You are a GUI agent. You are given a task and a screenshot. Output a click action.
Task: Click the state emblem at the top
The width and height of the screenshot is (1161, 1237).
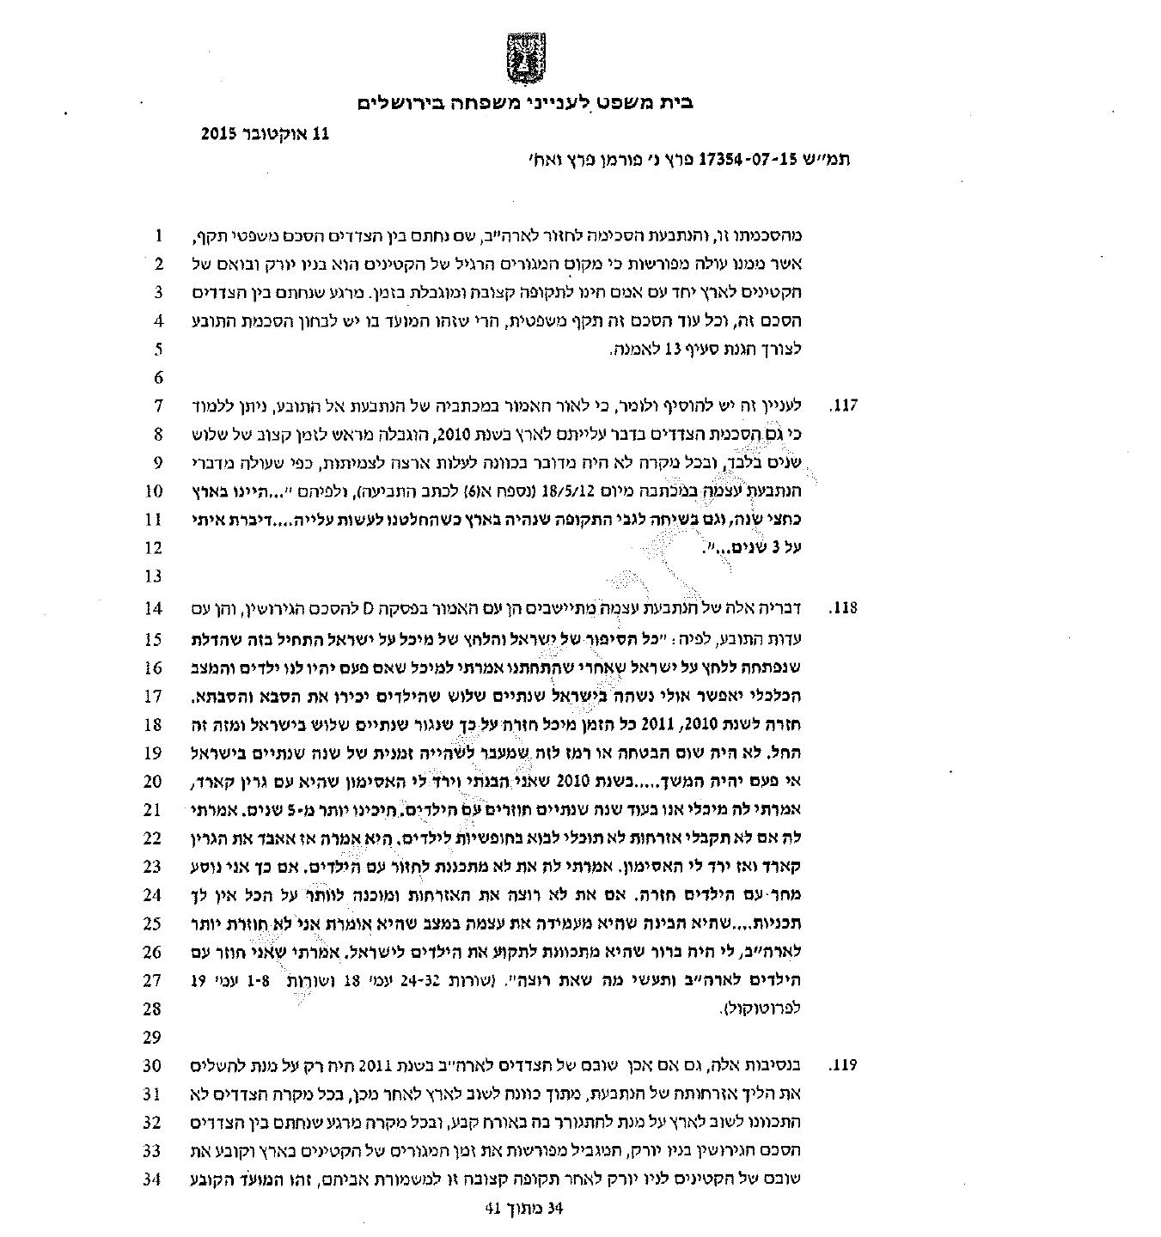523,59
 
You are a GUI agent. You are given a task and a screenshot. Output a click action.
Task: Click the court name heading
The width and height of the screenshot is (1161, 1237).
524,103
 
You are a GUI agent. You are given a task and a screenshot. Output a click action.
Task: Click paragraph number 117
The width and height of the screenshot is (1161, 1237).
846,405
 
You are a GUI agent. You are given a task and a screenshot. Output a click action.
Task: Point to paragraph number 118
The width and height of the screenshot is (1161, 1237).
846,609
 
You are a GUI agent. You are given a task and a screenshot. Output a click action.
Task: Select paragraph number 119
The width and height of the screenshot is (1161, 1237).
846,1066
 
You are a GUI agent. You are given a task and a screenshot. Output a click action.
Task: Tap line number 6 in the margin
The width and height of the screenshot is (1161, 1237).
158,378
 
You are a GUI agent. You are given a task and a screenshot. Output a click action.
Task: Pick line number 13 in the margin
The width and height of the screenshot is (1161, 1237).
154,576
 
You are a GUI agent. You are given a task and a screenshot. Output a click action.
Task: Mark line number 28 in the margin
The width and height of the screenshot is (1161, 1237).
154,1008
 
